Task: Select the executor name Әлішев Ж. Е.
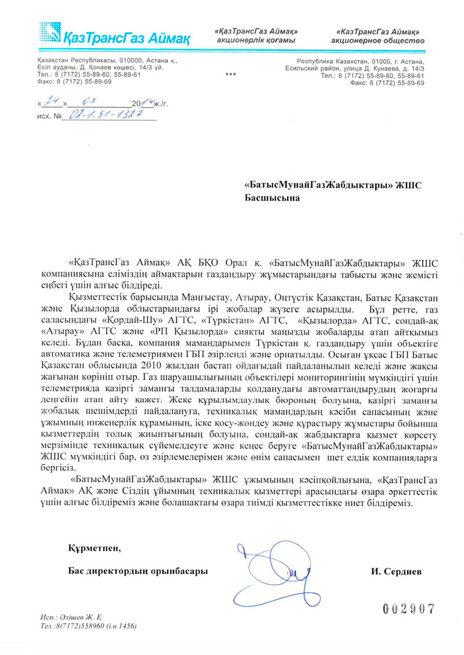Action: (x=77, y=618)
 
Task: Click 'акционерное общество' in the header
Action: (x=378, y=41)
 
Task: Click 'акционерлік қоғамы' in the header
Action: (x=256, y=41)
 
